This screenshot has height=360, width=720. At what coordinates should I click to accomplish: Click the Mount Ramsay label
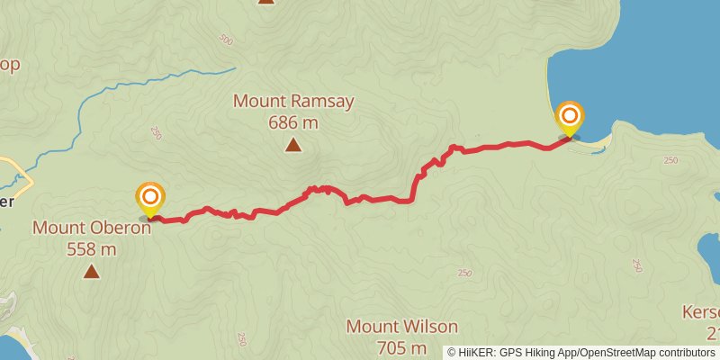pos(293,101)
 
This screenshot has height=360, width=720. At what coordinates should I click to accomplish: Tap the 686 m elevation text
pos(293,122)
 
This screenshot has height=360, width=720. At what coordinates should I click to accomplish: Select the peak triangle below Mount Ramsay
pos(292,145)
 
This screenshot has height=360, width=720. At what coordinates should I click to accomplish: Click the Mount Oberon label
pos(91,228)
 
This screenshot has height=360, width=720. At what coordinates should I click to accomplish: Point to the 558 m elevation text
pos(91,248)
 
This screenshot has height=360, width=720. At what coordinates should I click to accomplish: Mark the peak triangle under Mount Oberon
pos(91,270)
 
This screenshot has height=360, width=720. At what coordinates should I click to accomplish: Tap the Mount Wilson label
pos(402,327)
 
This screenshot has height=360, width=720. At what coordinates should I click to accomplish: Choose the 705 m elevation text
pos(402,348)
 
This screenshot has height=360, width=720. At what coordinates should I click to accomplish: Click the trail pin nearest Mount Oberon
pos(150,199)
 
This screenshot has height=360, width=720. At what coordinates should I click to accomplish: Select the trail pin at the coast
pos(570,118)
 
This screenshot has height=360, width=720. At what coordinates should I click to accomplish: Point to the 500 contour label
pos(225,40)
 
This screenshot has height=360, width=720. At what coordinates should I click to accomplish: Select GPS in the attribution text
pos(505,353)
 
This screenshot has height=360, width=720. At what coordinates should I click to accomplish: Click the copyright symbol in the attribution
pos(452,353)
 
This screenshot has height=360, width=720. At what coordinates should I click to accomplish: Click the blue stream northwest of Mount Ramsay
pos(135,85)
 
